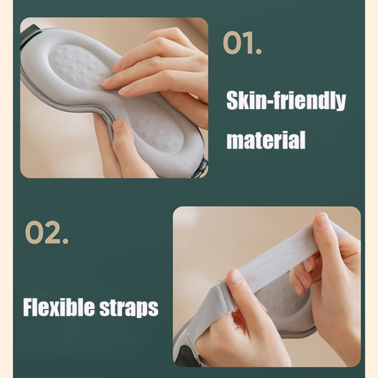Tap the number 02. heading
tap(46, 234)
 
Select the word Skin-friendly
tap(286, 101)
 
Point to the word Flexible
tap(56, 306)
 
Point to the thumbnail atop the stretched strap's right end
tap(323, 220)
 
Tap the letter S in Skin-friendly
tap(233, 101)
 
